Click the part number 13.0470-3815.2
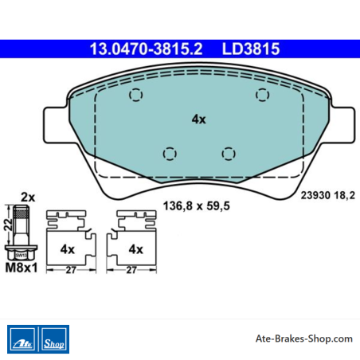[x=146, y=49]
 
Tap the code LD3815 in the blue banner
[x=251, y=49]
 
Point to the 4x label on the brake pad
[x=199, y=119]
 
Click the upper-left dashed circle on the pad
[x=135, y=95]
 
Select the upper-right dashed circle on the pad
[x=262, y=95]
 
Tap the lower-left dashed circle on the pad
[x=170, y=154]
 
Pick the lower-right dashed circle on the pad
[x=229, y=154]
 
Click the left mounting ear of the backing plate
[x=55, y=125]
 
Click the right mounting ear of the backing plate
[x=342, y=125]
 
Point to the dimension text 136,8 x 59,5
[x=197, y=206]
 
